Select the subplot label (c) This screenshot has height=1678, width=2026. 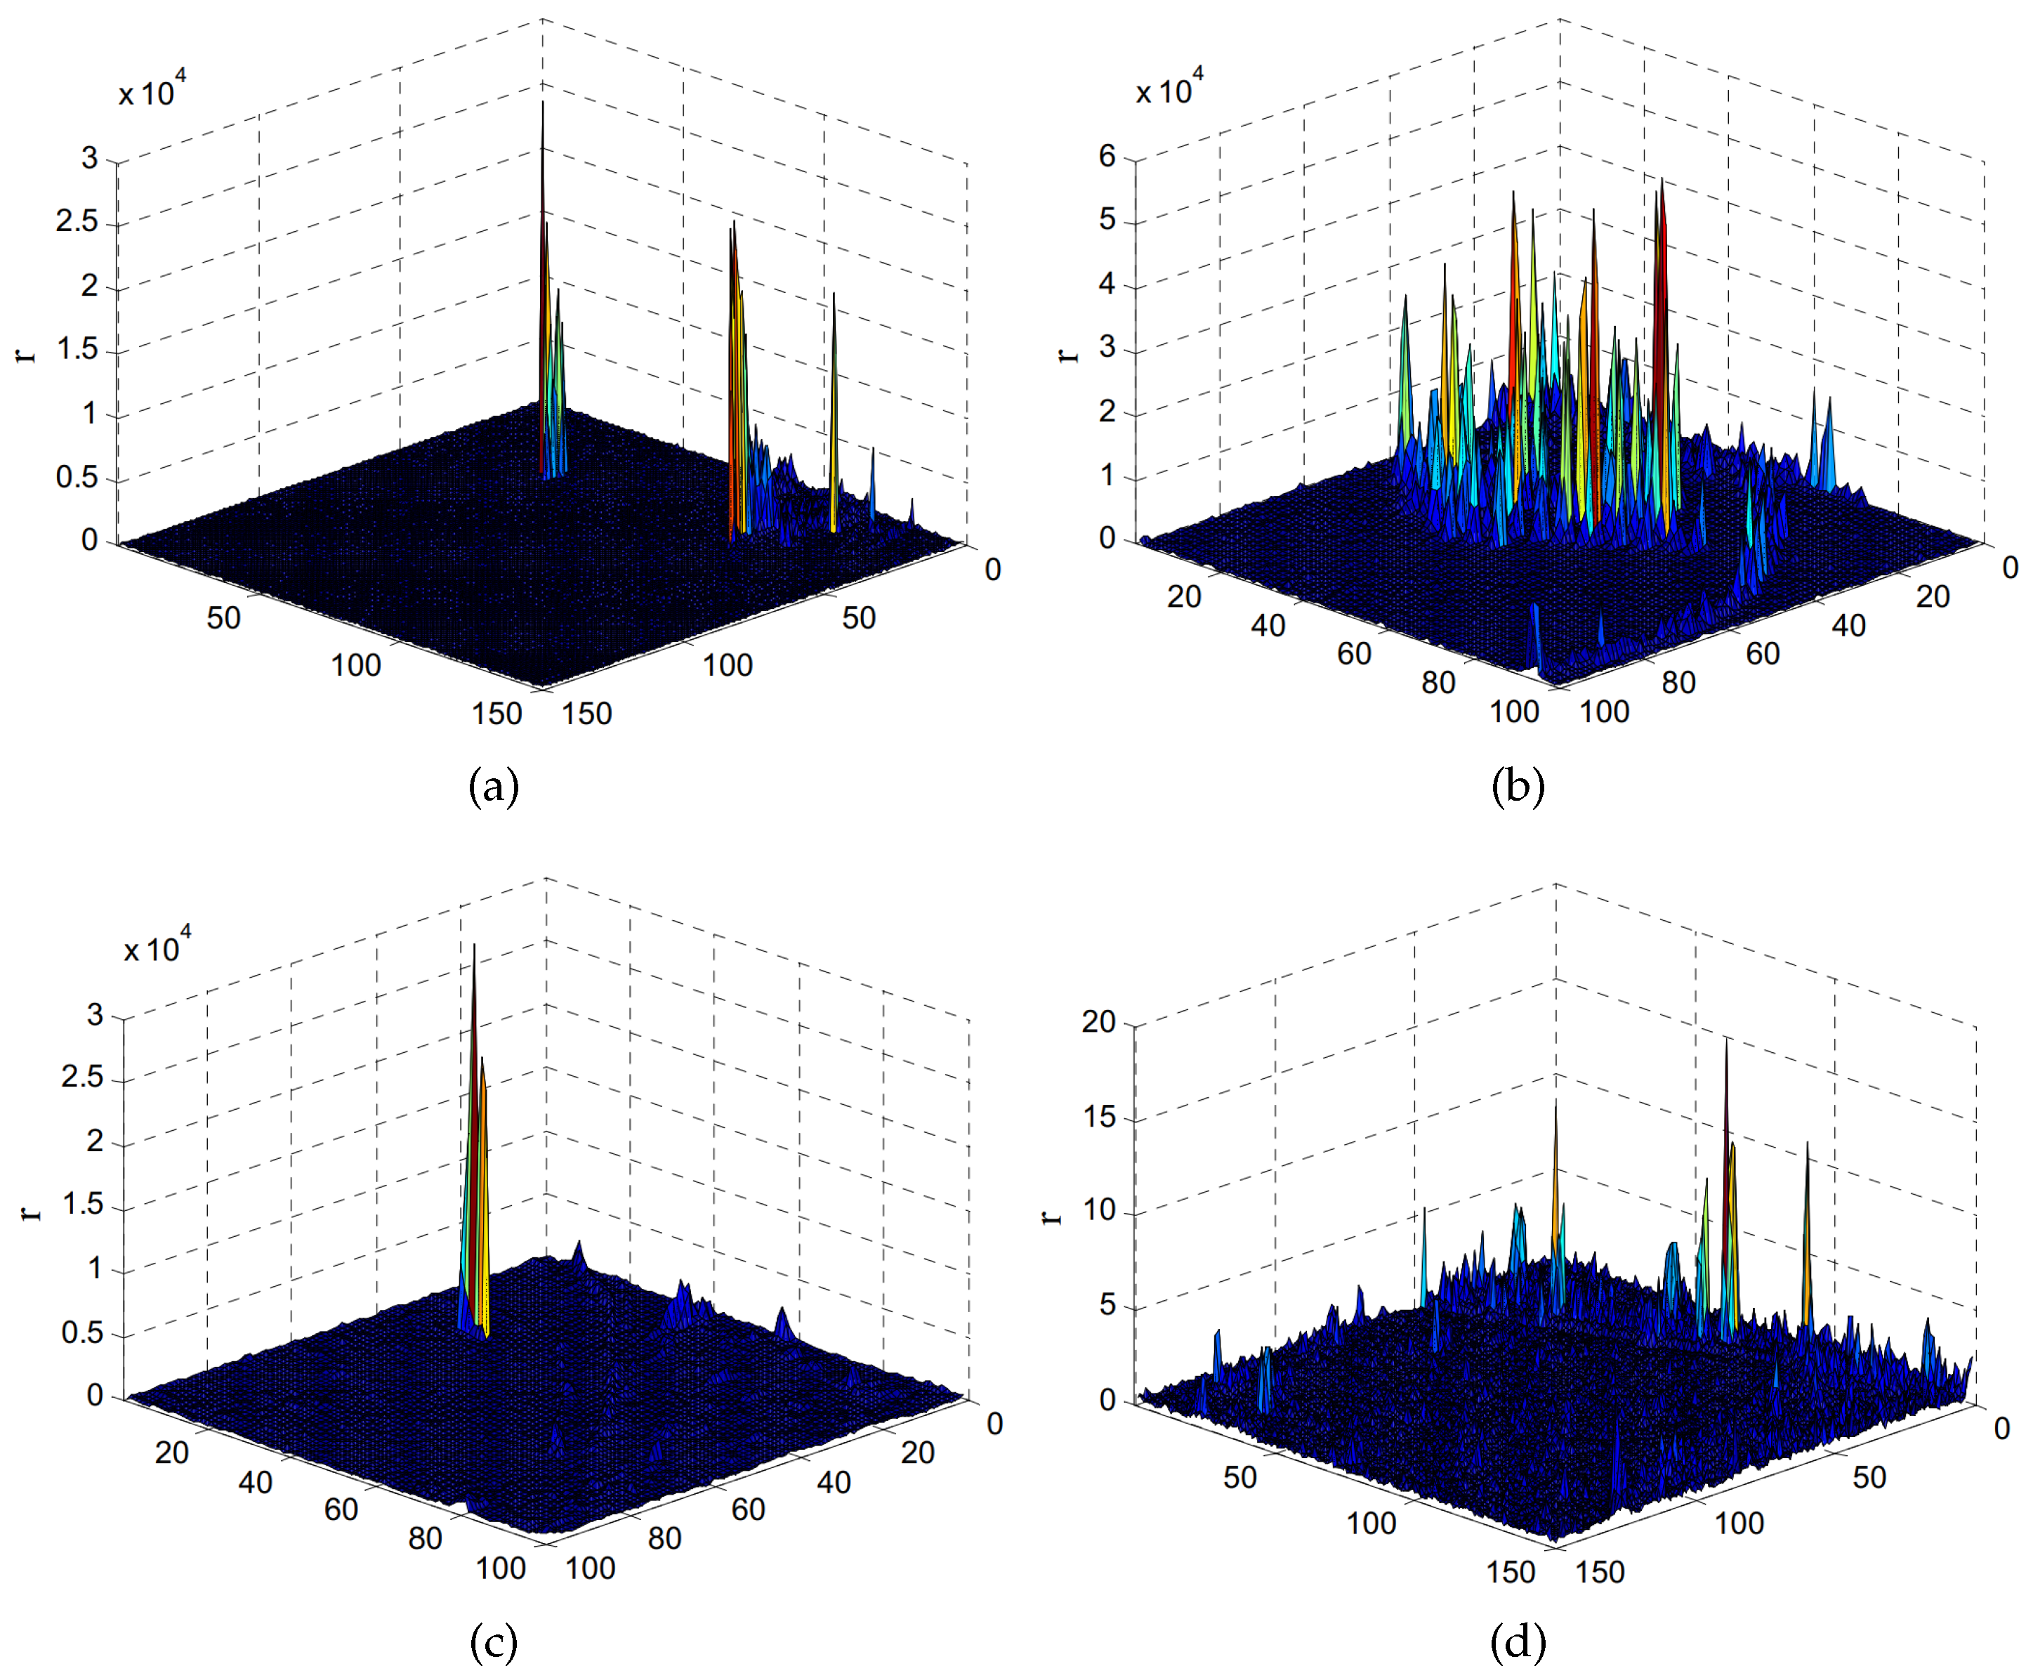[493, 1641]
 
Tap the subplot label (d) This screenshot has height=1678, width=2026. [1518, 1641]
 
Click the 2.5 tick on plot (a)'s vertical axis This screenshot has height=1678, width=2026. [77, 221]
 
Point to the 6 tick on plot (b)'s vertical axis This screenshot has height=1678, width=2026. [1107, 157]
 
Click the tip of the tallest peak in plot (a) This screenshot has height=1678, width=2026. [542, 103]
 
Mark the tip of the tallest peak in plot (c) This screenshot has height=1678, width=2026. [474, 945]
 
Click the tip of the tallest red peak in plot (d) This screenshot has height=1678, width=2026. [1726, 1040]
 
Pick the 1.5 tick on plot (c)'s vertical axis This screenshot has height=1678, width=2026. [82, 1204]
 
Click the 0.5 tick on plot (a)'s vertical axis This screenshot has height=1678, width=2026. [77, 478]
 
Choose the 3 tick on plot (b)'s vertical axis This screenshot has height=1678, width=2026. [1107, 348]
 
